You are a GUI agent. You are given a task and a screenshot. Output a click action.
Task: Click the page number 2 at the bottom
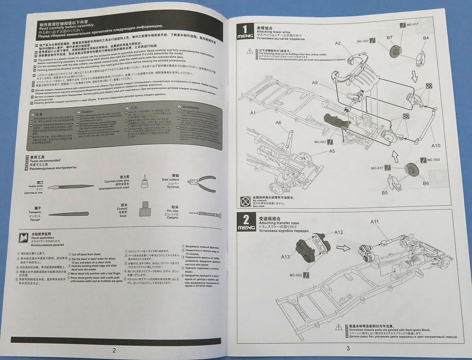pos(114,350)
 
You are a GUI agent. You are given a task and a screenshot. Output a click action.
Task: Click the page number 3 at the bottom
pos(347,348)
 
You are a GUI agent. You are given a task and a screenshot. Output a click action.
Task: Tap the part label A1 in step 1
pos(253,113)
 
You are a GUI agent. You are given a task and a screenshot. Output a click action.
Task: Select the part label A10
pos(435,146)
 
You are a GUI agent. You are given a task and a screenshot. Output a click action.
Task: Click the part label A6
pos(279,123)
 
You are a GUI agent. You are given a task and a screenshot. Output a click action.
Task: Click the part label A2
pos(338,43)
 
